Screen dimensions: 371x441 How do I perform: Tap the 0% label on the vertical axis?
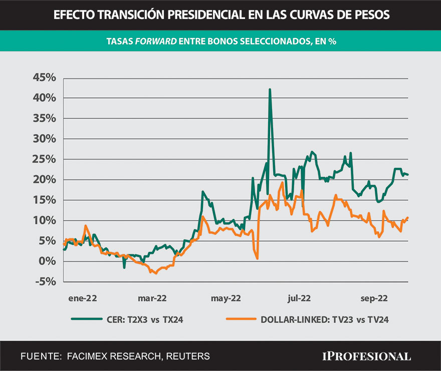[48, 261]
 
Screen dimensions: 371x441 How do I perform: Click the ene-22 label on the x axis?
[83, 298]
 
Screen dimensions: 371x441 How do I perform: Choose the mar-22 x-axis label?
[153, 298]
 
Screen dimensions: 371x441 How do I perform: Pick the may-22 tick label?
[226, 298]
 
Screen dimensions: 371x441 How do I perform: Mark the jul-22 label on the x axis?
[299, 298]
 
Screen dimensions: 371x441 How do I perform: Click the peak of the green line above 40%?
[270, 90]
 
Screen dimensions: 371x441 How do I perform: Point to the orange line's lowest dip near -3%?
[156, 273]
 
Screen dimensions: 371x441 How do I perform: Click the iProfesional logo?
[366, 356]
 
